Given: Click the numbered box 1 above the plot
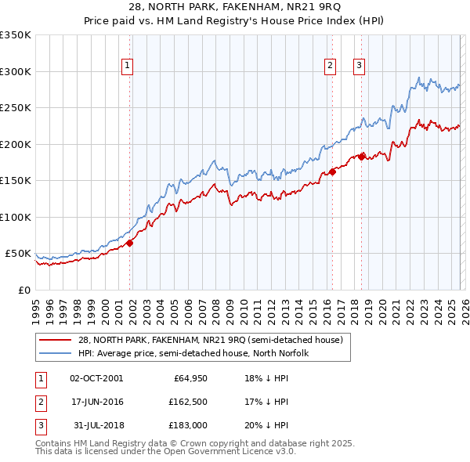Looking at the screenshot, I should point(127,66).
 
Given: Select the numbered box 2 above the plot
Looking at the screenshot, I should point(331,66).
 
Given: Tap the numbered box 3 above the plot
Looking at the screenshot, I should point(359,66).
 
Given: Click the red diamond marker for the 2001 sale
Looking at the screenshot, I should point(130,243).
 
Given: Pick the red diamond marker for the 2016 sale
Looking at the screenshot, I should point(332,171).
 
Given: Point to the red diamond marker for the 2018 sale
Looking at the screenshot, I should point(361,157).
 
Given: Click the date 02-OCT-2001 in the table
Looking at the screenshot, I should point(96,378).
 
